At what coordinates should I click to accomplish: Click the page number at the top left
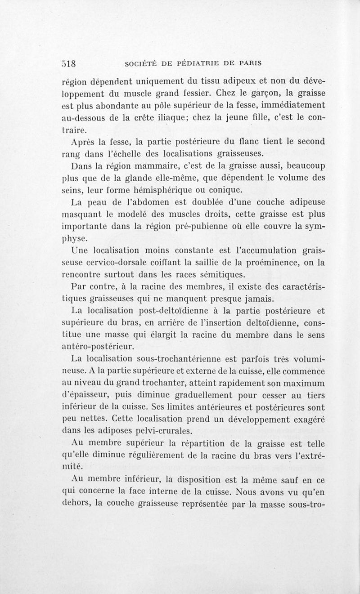click(71, 62)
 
